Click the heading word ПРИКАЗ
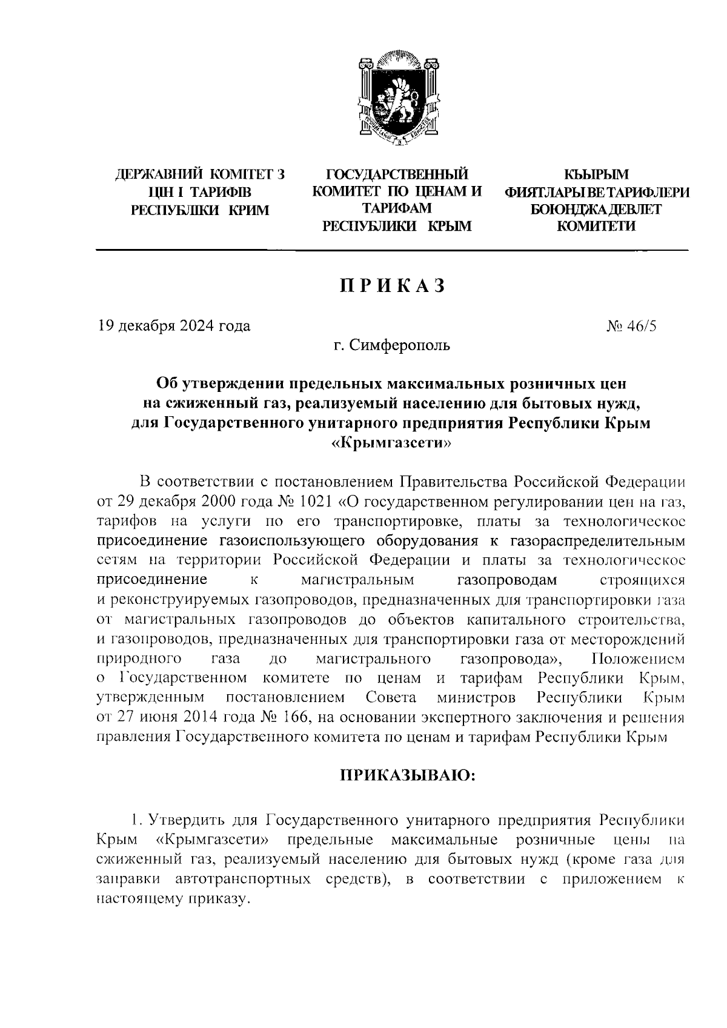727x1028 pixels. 393,285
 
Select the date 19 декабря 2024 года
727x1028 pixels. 174,326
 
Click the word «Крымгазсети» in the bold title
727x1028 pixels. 391,443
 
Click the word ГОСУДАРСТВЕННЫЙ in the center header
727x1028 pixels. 397,176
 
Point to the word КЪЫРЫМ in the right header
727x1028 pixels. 596,176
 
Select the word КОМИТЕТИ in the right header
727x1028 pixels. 596,227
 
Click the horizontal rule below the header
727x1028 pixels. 391,250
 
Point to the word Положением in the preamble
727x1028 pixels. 639,658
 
